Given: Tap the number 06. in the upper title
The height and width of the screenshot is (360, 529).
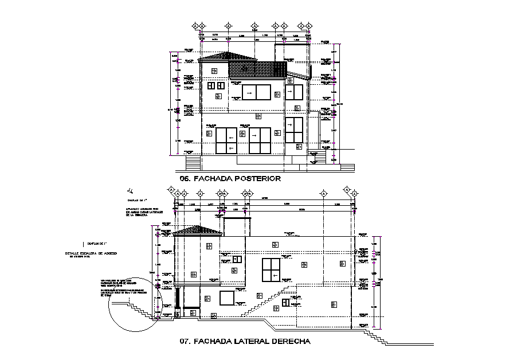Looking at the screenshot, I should pyautogui.click(x=185, y=178).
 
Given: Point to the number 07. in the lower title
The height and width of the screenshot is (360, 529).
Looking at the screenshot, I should pyautogui.click(x=185, y=342).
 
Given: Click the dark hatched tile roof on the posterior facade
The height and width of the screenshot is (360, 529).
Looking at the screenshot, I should pyautogui.click(x=257, y=69).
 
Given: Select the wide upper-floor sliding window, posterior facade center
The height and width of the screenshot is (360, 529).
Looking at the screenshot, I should pyautogui.click(x=256, y=92).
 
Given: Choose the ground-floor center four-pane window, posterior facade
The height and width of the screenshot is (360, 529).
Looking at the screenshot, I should pyautogui.click(x=260, y=140).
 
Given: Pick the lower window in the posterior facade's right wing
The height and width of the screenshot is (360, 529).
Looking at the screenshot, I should pyautogui.click(x=294, y=130).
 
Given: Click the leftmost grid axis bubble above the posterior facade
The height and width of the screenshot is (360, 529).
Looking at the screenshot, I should pyautogui.click(x=195, y=26).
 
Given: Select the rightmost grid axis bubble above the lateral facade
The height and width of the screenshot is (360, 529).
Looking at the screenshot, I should pyautogui.click(x=354, y=194).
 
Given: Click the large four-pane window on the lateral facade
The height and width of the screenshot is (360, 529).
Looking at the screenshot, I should pyautogui.click(x=271, y=270).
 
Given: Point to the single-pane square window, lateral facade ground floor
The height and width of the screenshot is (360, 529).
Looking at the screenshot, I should pyautogui.click(x=227, y=298).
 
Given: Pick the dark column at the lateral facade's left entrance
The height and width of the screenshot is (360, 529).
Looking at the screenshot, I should pyautogui.click(x=178, y=298).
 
